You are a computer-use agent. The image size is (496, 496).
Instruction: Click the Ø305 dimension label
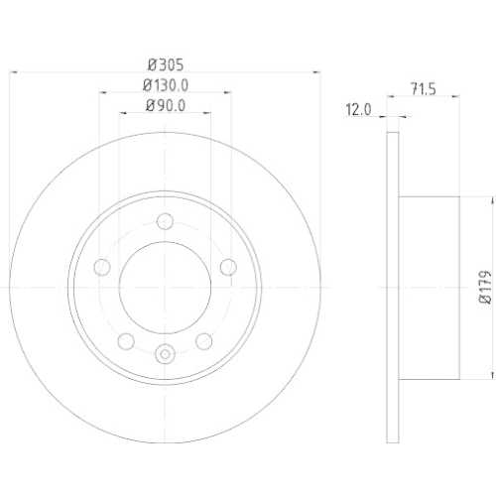point(166,61)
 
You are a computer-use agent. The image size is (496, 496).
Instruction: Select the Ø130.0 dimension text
point(166,86)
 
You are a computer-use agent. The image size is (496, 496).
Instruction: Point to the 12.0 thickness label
point(358,111)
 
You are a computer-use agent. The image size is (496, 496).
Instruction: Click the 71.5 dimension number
point(424,88)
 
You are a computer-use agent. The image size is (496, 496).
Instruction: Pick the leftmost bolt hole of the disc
point(102,266)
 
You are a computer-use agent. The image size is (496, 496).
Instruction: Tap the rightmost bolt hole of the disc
point(229,266)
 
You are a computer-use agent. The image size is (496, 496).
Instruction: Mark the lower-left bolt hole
point(127,341)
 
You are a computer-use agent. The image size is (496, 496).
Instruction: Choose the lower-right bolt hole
point(205,341)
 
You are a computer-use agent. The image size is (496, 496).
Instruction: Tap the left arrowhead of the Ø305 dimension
point(14,71)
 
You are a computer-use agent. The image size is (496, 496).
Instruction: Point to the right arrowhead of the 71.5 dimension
point(457,97)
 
